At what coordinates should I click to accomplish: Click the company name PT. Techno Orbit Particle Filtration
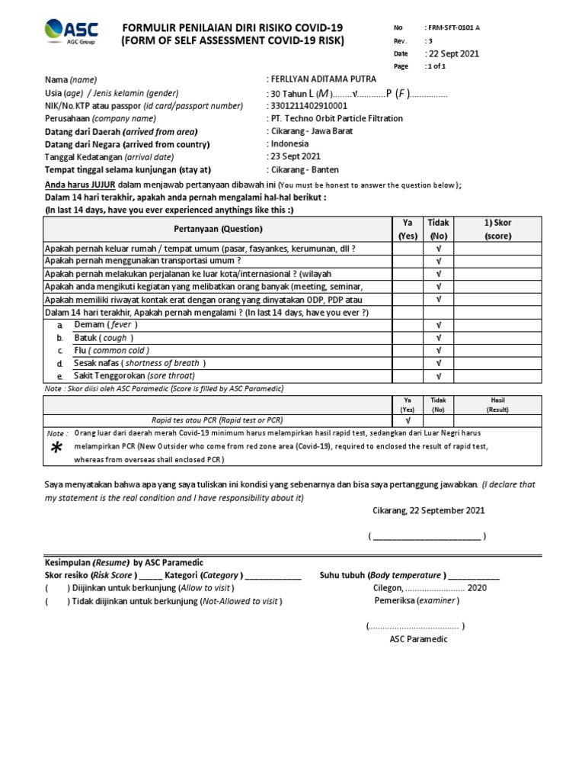(x=336, y=118)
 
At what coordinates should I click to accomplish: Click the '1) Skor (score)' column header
(x=499, y=228)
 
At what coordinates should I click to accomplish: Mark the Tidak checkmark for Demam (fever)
(x=439, y=325)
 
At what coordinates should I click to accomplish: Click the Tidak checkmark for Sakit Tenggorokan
(x=439, y=376)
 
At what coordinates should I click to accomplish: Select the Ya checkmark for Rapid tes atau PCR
(x=408, y=419)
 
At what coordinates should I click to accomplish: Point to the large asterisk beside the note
(x=56, y=450)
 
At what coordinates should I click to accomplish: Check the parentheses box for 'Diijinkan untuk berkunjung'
(x=56, y=589)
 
